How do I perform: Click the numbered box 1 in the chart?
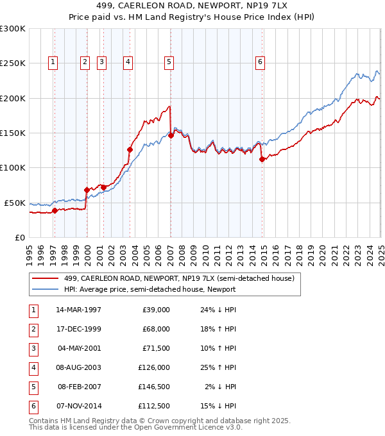click(x=52, y=62)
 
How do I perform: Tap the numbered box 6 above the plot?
click(x=260, y=62)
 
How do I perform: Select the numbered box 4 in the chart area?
click(x=128, y=62)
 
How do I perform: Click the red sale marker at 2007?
click(x=171, y=135)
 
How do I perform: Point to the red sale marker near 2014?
click(x=262, y=160)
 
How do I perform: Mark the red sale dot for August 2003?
click(x=130, y=149)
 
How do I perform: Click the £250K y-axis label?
click(x=13, y=63)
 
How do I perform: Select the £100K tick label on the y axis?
click(x=13, y=167)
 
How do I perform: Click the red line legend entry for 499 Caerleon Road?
click(x=179, y=278)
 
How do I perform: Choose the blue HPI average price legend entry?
click(x=150, y=289)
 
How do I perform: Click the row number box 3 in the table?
click(x=32, y=348)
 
